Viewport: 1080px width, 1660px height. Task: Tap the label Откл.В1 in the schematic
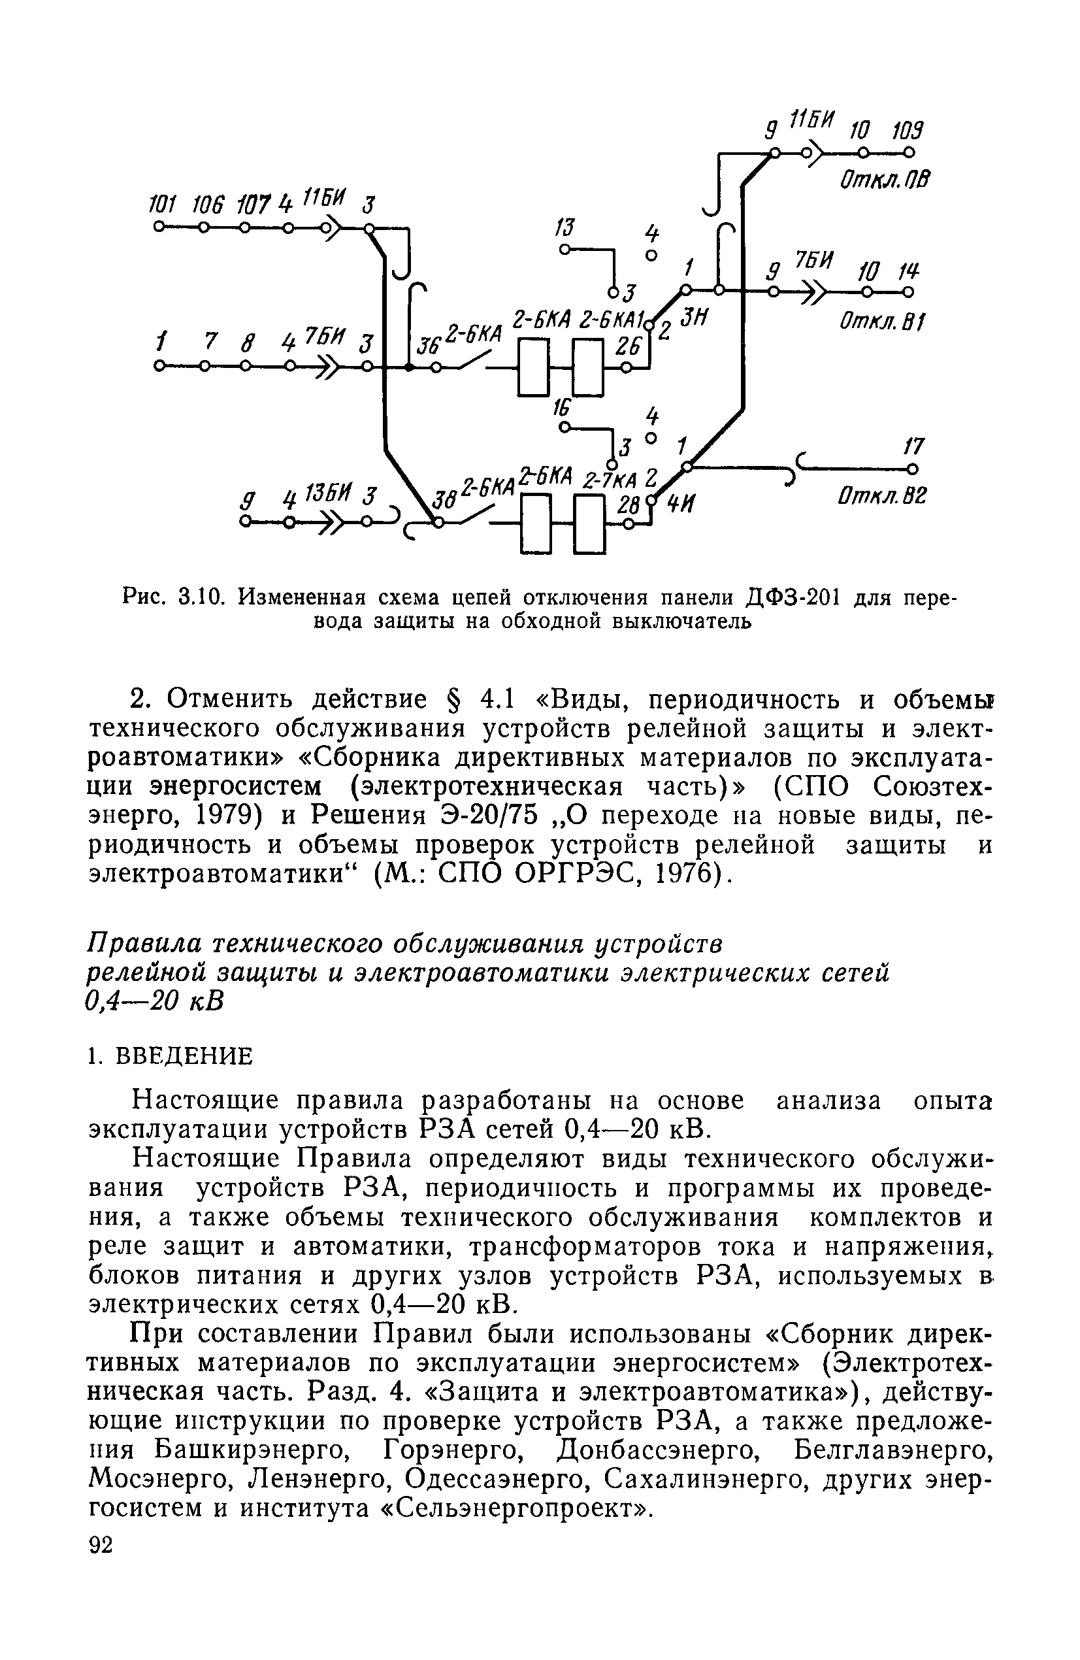click(x=881, y=322)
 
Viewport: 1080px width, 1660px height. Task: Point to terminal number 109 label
click(x=908, y=131)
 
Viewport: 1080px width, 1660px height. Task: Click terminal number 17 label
click(x=913, y=446)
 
